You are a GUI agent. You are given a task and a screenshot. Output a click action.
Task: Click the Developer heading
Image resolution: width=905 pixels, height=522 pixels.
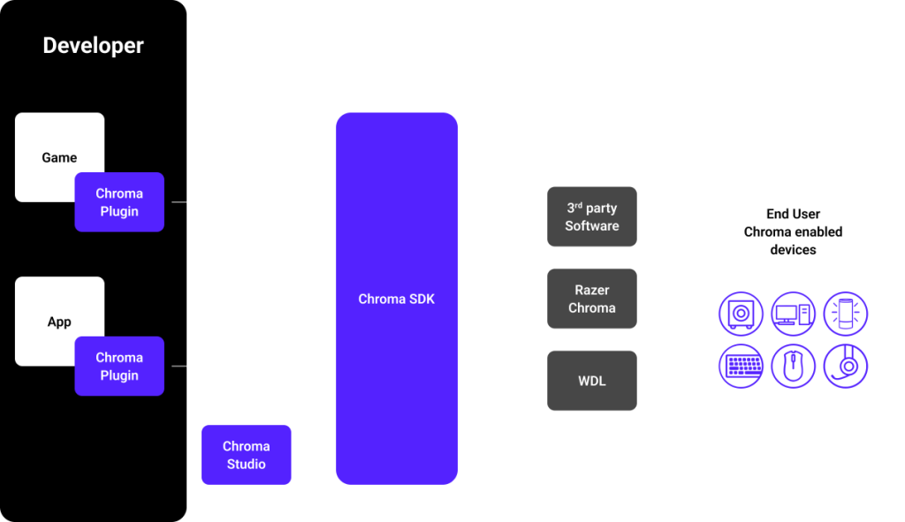pos(93,46)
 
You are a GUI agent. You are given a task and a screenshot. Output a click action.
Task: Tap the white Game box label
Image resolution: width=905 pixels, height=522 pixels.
pos(59,157)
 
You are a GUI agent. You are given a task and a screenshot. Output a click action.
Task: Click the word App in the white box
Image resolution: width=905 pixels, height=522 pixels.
pos(59,322)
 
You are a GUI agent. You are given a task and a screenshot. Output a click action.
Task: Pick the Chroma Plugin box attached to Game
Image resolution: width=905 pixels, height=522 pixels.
pos(119,202)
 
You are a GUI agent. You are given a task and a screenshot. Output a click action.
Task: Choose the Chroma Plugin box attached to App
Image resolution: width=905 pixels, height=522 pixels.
pos(119,366)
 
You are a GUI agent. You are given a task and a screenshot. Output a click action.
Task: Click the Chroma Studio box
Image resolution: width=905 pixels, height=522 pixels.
pos(246,455)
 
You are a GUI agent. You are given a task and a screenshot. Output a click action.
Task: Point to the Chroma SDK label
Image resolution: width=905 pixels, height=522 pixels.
pos(396,299)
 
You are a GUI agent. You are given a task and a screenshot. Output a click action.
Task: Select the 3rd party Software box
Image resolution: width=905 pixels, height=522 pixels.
pos(591,216)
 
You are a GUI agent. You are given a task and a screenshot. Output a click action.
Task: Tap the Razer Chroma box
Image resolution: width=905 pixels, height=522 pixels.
pos(591,299)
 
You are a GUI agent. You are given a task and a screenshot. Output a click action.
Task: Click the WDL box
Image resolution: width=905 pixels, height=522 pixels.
pos(591,381)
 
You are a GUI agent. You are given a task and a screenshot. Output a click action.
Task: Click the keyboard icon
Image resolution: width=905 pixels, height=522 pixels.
pos(741,366)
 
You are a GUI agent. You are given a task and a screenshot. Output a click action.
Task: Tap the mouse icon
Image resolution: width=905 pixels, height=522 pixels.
pos(793,366)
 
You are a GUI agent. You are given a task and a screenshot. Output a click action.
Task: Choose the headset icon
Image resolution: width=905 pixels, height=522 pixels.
pos(846,366)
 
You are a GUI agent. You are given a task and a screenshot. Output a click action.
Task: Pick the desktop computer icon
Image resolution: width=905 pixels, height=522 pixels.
pos(793,314)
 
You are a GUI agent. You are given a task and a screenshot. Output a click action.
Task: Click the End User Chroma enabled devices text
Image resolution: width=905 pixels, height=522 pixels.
pos(793,231)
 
